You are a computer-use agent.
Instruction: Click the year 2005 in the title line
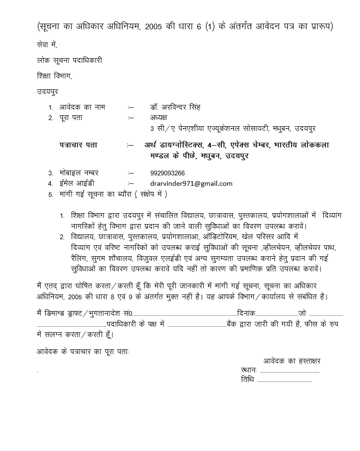point(155,26)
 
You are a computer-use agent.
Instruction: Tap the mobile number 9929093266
point(168,173)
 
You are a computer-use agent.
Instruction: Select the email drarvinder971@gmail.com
point(191,183)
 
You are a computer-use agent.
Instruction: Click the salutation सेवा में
point(46,45)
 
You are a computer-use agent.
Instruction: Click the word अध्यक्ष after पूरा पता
point(159,118)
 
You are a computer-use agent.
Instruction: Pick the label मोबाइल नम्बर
point(79,173)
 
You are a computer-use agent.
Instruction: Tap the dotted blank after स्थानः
point(289,371)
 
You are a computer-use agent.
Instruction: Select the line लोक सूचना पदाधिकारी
point(69,61)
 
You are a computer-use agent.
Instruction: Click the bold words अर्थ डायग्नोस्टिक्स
point(174,145)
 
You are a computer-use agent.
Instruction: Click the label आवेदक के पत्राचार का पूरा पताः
point(83,352)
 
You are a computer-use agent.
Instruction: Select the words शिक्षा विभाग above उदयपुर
point(54,76)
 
